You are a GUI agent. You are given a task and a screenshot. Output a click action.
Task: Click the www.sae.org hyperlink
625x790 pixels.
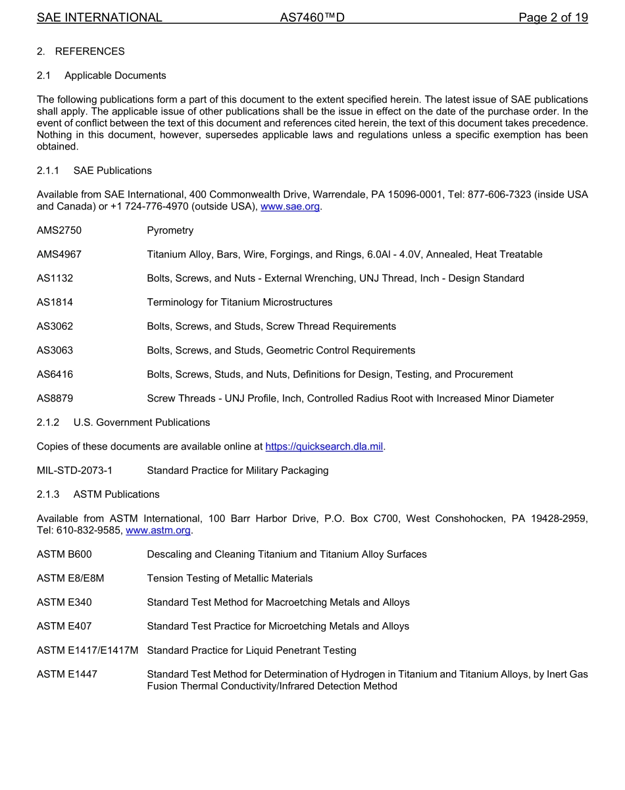tap(290, 206)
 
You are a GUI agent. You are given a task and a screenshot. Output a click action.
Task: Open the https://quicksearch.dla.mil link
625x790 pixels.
tap(324, 446)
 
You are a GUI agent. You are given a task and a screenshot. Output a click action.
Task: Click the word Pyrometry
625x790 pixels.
tap(170, 230)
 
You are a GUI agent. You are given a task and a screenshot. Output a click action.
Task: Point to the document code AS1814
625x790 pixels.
tap(55, 302)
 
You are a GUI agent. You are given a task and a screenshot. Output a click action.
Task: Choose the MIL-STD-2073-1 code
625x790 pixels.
tap(74, 470)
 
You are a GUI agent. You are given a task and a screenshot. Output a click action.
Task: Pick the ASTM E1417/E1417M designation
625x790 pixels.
tap(87, 650)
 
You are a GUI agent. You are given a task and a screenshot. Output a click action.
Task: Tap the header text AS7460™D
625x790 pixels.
tap(312, 18)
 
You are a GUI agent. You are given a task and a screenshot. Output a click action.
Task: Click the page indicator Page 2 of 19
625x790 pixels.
tap(553, 18)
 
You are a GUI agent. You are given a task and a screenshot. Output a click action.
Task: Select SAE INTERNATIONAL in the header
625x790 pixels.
tap(99, 18)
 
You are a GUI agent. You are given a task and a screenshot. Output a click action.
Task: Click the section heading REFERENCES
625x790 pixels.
tap(89, 51)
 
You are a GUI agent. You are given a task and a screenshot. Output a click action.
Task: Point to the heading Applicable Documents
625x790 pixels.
tap(115, 75)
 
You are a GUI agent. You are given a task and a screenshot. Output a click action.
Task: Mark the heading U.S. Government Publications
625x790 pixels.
tap(141, 422)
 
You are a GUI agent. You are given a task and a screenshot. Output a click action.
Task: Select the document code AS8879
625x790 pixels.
tap(55, 398)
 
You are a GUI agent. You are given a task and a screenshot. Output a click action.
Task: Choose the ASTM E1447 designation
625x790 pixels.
tap(67, 673)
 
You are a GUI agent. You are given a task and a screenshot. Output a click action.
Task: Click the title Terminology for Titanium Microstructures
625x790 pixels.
tap(239, 302)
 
